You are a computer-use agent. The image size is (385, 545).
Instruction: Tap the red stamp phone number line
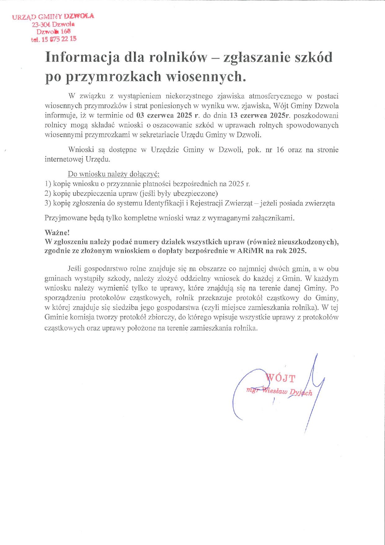pos(54,39)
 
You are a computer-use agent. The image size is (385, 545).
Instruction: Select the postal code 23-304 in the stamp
pos(41,25)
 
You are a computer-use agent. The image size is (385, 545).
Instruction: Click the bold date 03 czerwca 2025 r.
pos(168,116)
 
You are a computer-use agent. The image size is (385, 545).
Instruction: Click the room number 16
pos(280,150)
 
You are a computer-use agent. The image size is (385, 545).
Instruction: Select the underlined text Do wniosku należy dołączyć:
pos(114,174)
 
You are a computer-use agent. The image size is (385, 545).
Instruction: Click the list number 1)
pos(48,184)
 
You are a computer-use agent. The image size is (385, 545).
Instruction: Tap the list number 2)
pos(48,193)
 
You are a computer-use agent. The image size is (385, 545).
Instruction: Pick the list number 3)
pos(48,203)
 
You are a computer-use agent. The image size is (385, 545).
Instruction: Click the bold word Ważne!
pos(57,232)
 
